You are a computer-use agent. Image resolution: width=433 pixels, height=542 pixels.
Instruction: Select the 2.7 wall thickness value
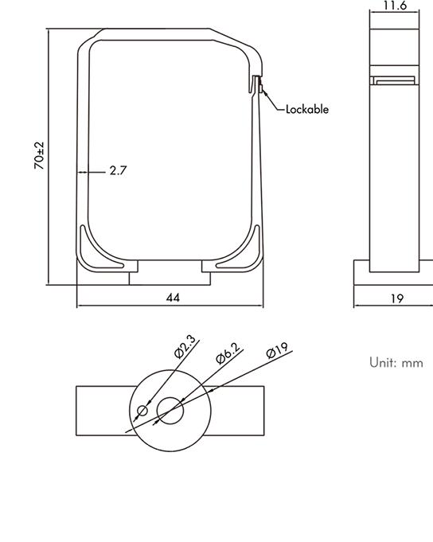point(118,170)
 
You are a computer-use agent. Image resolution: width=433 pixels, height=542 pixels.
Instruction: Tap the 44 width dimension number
point(173,297)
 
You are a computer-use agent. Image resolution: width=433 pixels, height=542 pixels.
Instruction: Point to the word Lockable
point(306,109)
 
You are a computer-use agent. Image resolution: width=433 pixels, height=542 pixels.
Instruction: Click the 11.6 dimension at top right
point(395,6)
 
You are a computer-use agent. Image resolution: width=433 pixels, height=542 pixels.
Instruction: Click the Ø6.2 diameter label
point(228,355)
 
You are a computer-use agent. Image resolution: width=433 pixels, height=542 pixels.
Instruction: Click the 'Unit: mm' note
point(396,362)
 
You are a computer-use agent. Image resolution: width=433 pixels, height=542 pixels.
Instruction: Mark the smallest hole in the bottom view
point(142,411)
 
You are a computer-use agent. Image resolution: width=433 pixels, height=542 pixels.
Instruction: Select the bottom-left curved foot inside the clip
point(89,250)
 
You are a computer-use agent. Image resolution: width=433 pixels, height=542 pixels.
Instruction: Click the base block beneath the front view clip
point(170,277)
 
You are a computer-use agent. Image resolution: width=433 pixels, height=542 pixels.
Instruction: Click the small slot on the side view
point(394,80)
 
